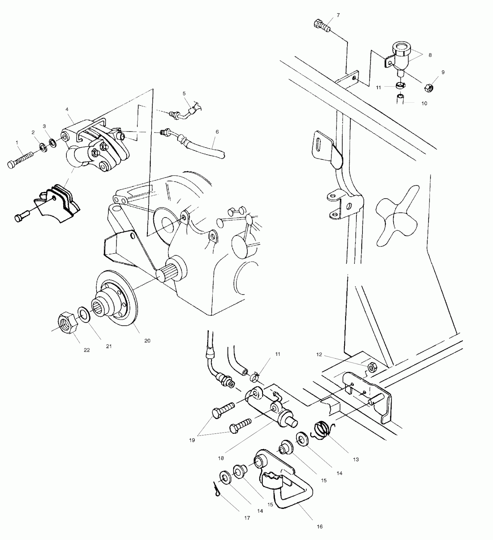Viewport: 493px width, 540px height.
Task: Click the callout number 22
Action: (87, 350)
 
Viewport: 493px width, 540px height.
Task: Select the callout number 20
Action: (147, 341)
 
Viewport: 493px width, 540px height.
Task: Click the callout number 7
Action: (338, 15)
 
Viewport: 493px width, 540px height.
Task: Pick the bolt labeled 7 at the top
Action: (321, 25)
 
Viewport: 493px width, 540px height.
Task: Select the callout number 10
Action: (424, 103)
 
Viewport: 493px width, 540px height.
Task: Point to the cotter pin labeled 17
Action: (216, 491)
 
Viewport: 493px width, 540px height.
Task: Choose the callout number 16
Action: (320, 526)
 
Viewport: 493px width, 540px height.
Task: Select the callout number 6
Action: (217, 132)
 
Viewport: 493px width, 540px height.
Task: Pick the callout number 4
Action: (67, 109)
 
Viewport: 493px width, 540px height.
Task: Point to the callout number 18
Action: (221, 458)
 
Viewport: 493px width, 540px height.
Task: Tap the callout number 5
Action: (184, 93)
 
